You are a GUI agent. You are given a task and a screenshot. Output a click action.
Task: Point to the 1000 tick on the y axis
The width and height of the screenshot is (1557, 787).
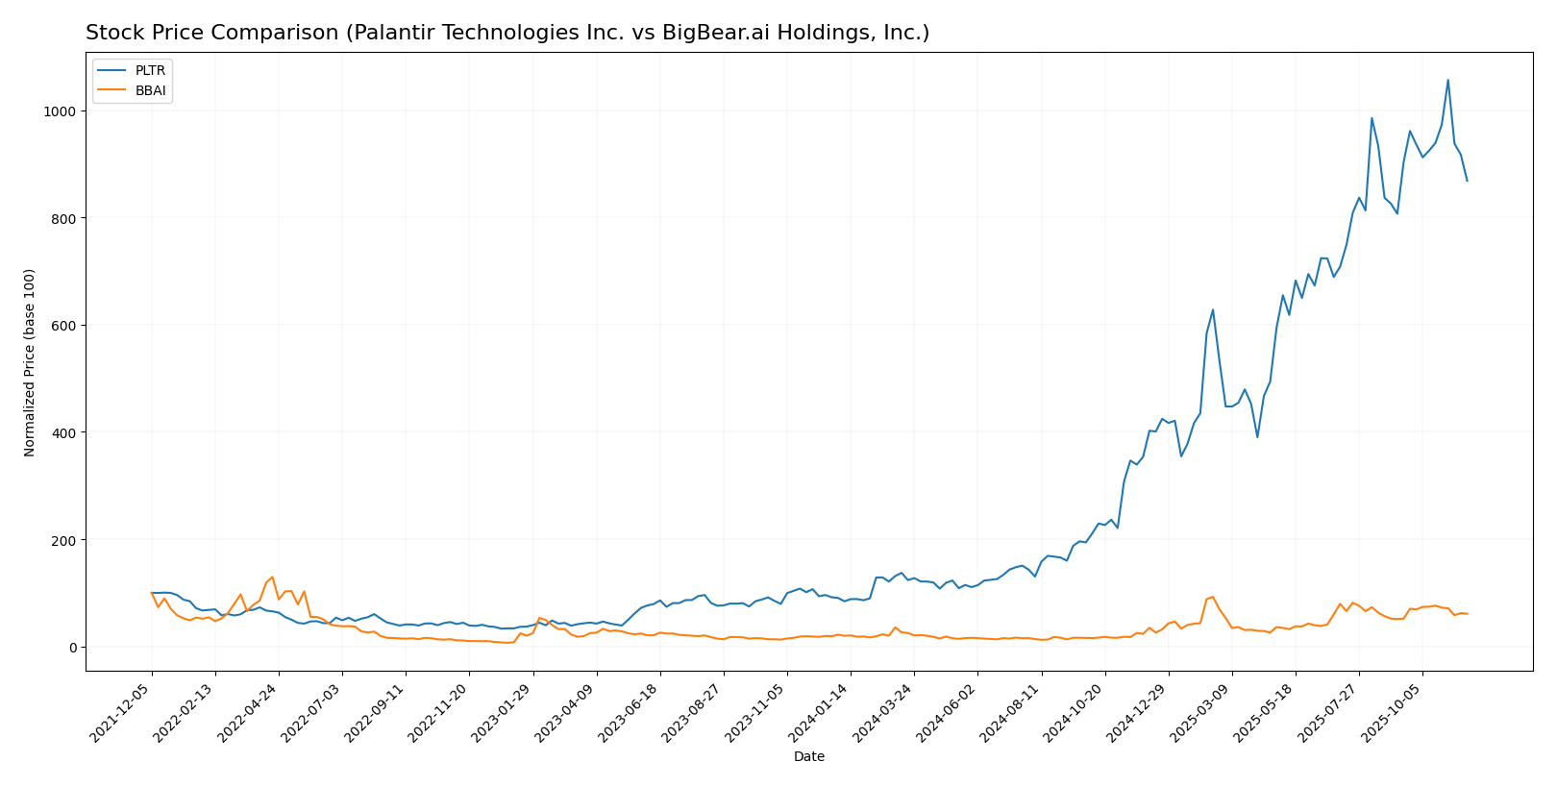(x=62, y=111)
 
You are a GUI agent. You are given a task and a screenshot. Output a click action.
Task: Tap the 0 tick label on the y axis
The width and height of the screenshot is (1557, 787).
(x=72, y=648)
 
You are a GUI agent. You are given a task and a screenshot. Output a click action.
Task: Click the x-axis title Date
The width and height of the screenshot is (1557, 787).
(x=808, y=757)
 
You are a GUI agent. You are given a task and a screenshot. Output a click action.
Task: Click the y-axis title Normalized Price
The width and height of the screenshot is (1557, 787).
(x=30, y=362)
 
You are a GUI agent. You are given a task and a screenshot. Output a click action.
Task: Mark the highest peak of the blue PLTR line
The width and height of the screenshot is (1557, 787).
(x=1447, y=80)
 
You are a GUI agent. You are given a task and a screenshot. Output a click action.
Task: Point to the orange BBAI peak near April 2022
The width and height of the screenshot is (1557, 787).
(x=272, y=577)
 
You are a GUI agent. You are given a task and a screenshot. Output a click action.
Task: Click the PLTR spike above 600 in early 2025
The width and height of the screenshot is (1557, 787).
(x=1212, y=309)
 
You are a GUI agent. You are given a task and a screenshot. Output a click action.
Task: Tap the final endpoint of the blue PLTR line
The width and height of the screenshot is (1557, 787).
(x=1467, y=181)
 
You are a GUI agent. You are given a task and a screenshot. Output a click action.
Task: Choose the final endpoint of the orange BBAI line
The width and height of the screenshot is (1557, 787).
(x=1467, y=614)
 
